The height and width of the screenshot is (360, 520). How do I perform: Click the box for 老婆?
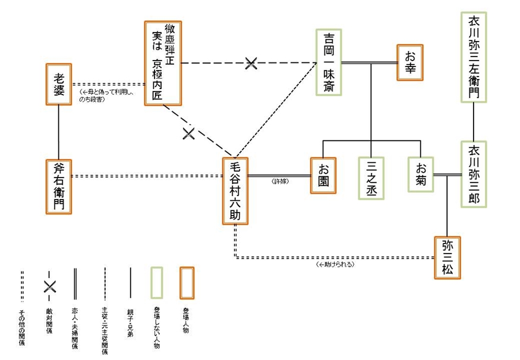[x=59, y=85]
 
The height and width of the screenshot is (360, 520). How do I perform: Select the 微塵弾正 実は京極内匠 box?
[x=162, y=64]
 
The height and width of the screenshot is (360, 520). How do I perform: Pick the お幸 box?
[x=410, y=62]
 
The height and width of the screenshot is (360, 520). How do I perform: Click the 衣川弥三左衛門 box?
[x=474, y=56]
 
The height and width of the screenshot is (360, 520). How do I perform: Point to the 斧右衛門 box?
[x=59, y=186]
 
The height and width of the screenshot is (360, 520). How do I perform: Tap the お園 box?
[x=323, y=175]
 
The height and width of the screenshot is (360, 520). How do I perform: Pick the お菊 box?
[x=420, y=175]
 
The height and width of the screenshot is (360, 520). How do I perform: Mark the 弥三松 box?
[x=447, y=257]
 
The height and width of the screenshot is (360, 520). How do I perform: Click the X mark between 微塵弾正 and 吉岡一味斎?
[x=251, y=63]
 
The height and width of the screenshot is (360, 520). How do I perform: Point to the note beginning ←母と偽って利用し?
[x=107, y=96]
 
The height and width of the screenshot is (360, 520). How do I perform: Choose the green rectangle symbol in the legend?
[x=156, y=283]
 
